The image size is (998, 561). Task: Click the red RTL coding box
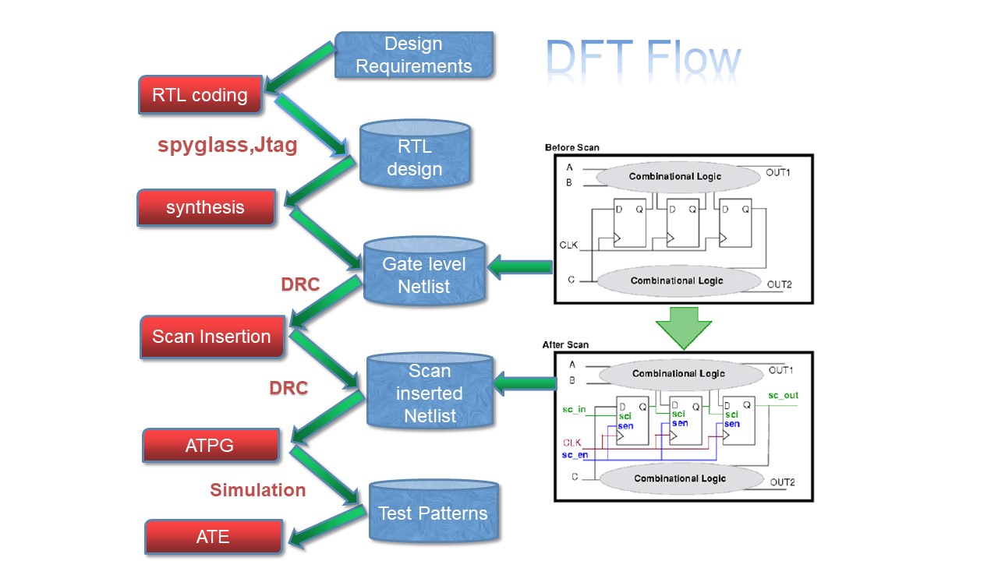[x=200, y=95]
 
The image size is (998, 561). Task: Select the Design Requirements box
[x=414, y=55]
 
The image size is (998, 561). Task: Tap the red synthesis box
[x=206, y=208]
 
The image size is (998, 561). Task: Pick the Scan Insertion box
[x=211, y=337]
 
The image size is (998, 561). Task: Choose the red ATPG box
[x=211, y=446]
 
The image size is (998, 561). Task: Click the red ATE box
[x=213, y=537]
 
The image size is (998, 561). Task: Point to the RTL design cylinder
[x=415, y=157]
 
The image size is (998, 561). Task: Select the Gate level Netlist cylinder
[x=425, y=275]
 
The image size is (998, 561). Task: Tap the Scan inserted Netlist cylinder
[x=430, y=393]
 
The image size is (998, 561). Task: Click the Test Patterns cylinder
[x=433, y=513]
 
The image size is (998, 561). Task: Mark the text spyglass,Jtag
[x=227, y=145]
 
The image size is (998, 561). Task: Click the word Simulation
[x=257, y=489]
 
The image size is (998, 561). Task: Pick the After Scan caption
[x=566, y=344]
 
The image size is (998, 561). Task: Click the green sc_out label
[x=783, y=396]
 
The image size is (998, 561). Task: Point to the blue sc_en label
[x=575, y=454]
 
